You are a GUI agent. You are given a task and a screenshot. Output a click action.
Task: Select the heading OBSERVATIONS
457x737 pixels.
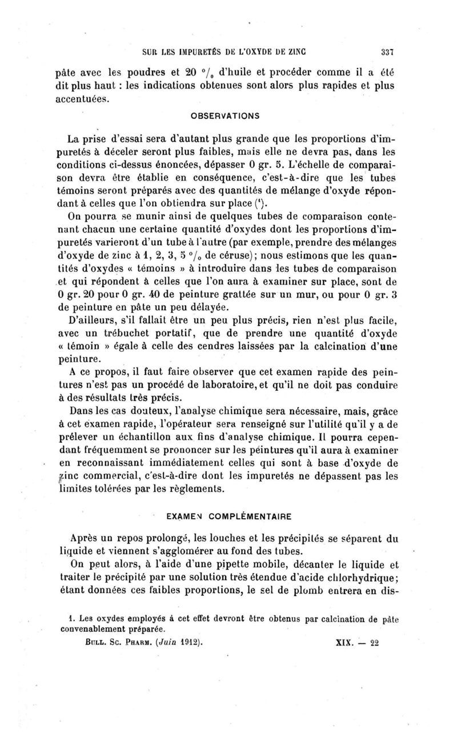[x=229, y=115]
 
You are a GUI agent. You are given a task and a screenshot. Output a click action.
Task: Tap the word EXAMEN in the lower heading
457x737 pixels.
[x=181, y=516]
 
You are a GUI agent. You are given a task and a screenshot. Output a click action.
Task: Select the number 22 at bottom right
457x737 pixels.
[x=375, y=642]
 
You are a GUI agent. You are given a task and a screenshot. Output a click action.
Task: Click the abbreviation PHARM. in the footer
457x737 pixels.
[x=121, y=642]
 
